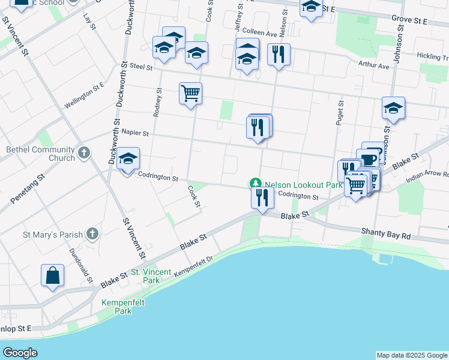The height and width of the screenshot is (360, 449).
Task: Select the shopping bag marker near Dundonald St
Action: [52, 275]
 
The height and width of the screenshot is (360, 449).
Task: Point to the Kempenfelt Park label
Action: [115, 307]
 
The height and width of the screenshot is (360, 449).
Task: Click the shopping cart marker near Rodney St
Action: [190, 94]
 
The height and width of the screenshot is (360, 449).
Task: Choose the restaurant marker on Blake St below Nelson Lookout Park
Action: [262, 197]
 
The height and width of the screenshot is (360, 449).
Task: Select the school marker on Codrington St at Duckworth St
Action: [128, 159]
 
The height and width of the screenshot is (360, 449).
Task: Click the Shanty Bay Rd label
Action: [385, 232]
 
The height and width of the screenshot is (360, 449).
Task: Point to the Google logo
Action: [20, 353]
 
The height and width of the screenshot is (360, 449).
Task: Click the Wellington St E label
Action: [85, 95]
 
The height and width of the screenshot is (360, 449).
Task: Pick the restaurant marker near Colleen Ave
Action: [279, 55]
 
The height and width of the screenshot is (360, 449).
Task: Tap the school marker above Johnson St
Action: [393, 108]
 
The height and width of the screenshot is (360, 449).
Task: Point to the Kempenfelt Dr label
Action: [194, 267]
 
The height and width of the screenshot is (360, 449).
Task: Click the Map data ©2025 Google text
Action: [412, 355]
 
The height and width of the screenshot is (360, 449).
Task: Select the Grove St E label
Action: [409, 21]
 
